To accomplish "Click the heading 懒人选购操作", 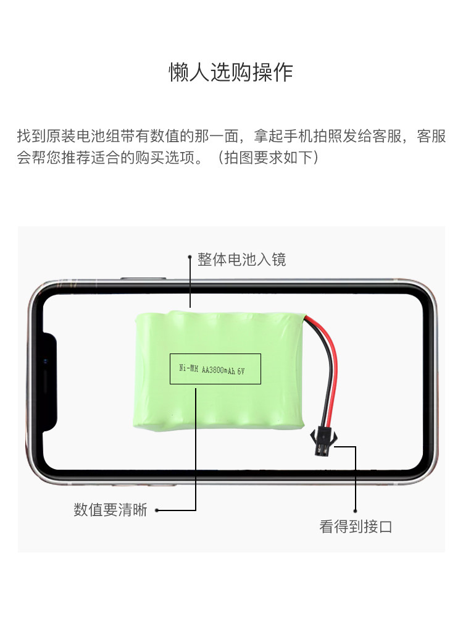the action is tap(231, 72).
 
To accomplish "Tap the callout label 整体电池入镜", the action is tap(241, 259).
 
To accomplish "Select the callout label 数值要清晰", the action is tap(111, 510).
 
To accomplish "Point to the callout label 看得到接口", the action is tap(356, 527).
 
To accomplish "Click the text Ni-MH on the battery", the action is tap(188, 368).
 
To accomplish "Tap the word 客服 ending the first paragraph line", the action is tap(431, 137).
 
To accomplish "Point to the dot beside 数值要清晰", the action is tap(157, 510).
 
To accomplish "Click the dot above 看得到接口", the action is tap(356, 510).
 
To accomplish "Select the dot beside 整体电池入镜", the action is tap(190, 259).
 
